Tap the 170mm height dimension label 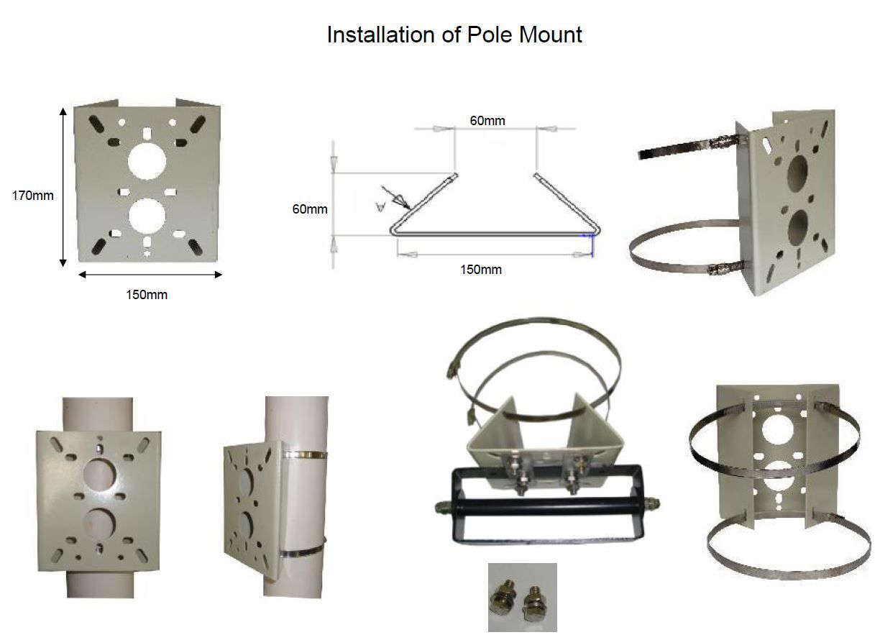point(32,196)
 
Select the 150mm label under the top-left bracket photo point(147,295)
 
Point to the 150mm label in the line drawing point(481,270)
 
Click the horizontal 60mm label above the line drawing point(487,121)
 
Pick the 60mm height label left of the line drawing point(310,209)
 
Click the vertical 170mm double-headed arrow point(63,187)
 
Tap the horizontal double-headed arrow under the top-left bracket point(150,275)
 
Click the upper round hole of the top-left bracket point(147,161)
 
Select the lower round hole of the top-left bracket point(147,216)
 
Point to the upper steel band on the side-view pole point(306,455)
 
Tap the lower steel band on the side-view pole point(303,550)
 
